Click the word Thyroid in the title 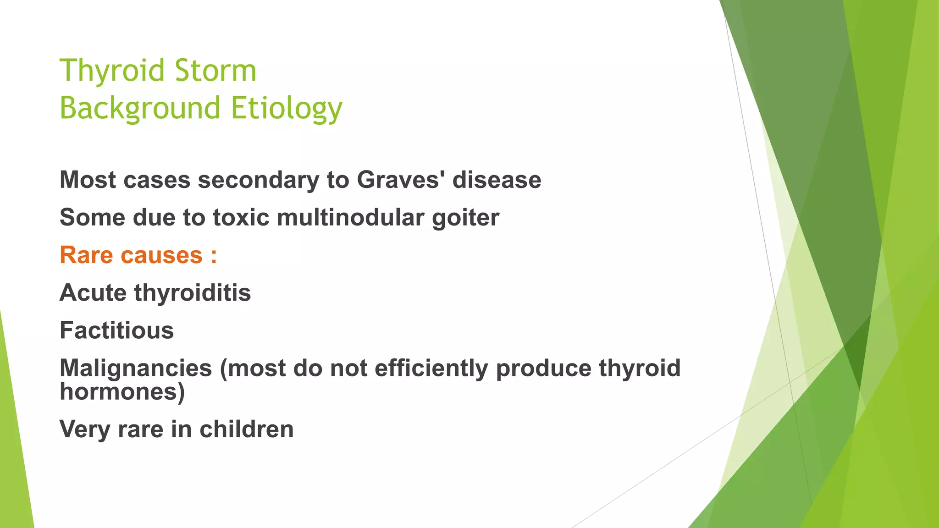coord(112,71)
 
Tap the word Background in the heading coord(140,109)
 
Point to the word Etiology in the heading coord(287,109)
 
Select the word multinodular coord(350,217)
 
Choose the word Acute coord(93,293)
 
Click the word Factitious coord(117,330)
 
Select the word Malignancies coord(136,368)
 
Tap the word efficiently coord(431,368)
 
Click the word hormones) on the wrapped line coord(122,392)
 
